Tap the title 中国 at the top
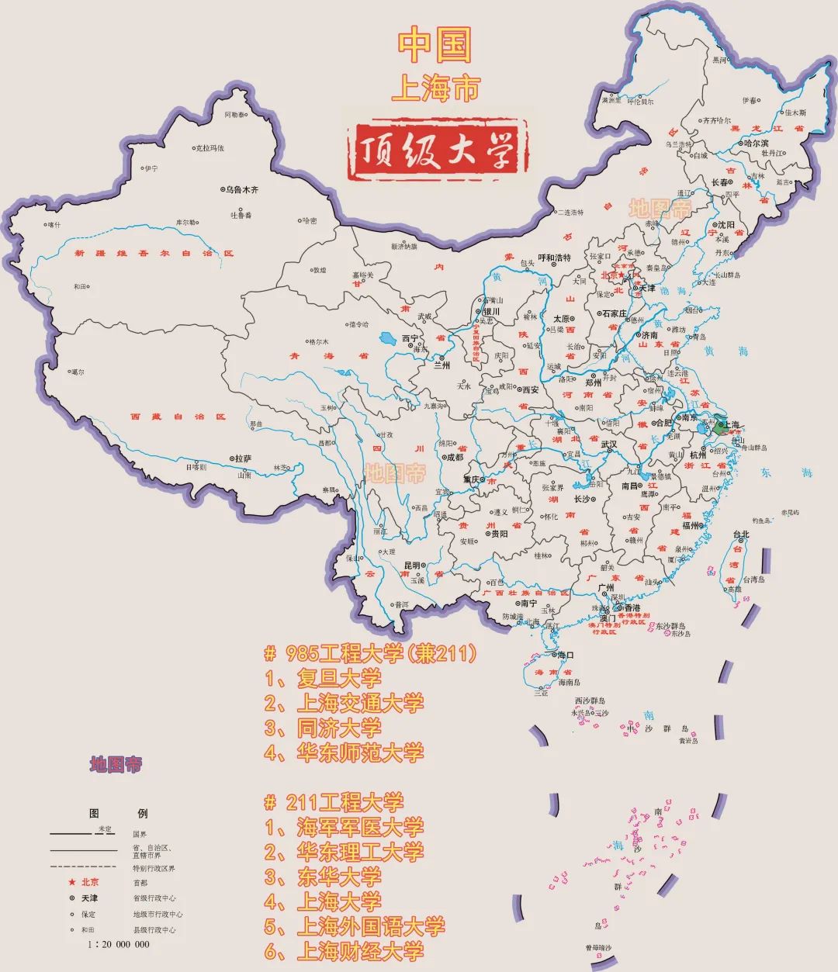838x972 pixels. pos(435,46)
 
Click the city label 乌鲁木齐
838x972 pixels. pos(241,189)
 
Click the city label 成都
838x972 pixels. pos(454,458)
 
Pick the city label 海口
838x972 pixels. pos(566,655)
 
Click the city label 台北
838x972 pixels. pos(741,534)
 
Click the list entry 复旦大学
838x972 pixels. pos(338,679)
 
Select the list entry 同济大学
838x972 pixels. pos(338,728)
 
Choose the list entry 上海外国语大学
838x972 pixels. pos(370,926)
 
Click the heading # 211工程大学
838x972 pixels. pos(334,802)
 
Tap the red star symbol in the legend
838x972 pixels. pos(71,882)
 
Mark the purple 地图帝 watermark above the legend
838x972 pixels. pos(116,764)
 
